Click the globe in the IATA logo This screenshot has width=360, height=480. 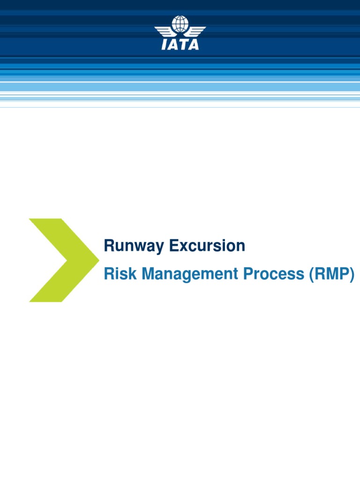(x=180, y=24)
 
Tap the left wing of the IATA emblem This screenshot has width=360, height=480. (x=165, y=31)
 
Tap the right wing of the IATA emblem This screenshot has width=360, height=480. (x=195, y=31)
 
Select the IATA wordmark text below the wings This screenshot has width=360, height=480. (x=180, y=45)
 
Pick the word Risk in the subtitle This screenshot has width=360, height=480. (x=119, y=274)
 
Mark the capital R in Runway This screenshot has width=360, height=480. (x=108, y=246)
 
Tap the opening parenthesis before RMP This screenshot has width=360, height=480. (x=311, y=274)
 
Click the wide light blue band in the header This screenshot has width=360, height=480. (x=180, y=87)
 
